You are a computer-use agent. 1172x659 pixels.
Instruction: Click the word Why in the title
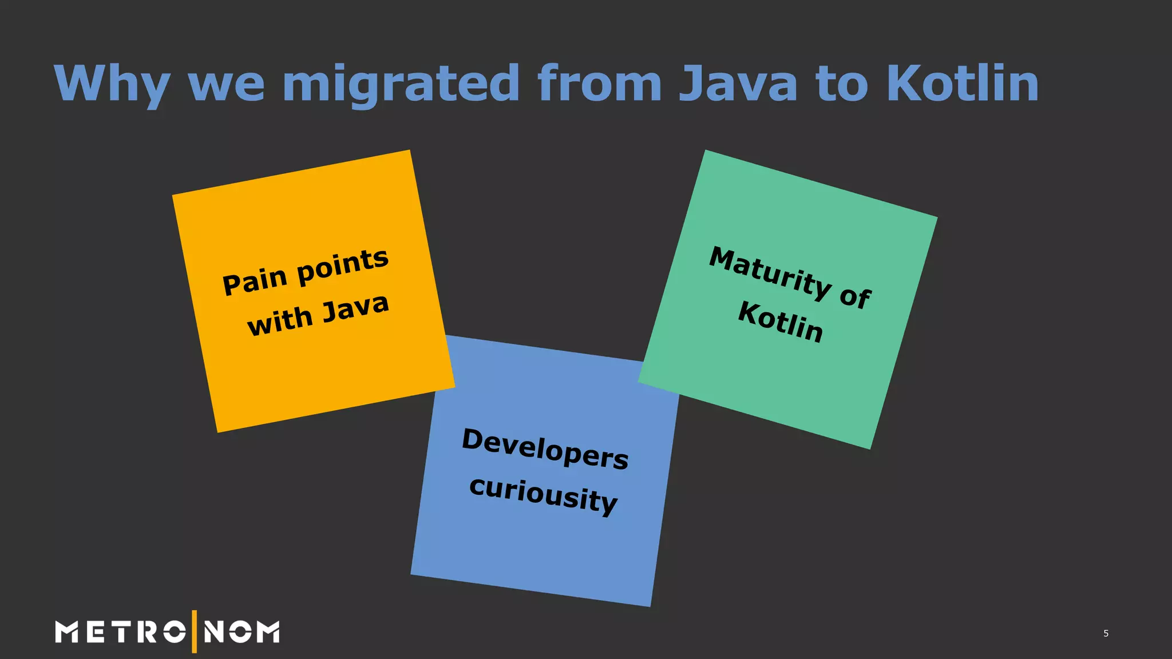112,84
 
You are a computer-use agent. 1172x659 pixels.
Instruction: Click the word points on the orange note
343,266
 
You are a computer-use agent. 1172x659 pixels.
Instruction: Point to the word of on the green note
855,297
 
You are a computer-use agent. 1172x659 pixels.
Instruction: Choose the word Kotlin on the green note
781,322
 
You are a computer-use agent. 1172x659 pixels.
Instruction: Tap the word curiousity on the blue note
543,495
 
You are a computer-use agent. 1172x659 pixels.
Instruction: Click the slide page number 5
1106,633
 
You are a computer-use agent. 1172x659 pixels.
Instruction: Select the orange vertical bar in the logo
195,632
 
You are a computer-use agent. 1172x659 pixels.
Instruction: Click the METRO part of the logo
120,632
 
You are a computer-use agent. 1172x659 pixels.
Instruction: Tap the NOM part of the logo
241,632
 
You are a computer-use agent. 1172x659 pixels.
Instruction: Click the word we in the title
227,84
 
